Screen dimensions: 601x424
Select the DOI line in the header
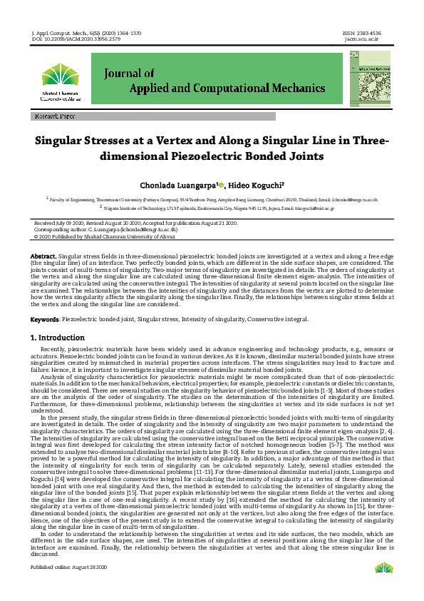[x=76, y=39]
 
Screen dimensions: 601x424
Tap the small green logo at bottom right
[x=383, y=588]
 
